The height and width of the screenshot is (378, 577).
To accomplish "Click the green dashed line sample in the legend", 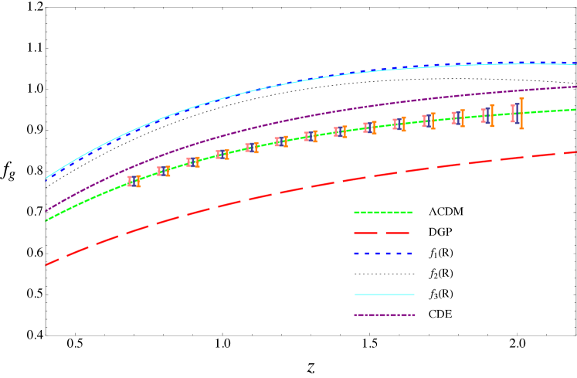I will (x=383, y=213).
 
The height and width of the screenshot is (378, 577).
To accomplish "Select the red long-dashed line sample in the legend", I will (x=382, y=233).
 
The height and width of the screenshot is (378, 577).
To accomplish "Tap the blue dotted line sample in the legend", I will (x=383, y=254).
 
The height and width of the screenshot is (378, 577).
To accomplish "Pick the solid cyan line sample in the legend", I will (x=385, y=295).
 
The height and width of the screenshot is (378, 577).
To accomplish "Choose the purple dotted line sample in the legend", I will (x=385, y=315).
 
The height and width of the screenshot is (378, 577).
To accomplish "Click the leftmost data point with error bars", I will (x=134, y=181).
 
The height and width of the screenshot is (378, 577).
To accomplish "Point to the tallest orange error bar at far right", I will (x=521, y=113).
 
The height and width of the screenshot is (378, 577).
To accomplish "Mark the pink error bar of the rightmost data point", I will (x=512, y=114).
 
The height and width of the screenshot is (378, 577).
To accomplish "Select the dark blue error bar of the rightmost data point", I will (x=517, y=114).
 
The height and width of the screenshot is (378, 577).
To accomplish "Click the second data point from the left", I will (x=164, y=171).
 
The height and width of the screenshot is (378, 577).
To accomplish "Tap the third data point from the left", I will (x=193, y=162).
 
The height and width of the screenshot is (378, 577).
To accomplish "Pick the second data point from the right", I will (x=487, y=116).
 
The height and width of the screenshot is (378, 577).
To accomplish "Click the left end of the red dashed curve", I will (x=46, y=264).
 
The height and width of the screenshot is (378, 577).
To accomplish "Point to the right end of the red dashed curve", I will (x=575, y=152).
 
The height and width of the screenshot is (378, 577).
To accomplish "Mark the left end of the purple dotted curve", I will (x=46, y=210).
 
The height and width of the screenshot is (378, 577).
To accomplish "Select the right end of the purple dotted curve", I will (x=575, y=87).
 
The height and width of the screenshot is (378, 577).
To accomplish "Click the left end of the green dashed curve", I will (x=46, y=221).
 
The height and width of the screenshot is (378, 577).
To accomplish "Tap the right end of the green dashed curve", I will (x=575, y=109).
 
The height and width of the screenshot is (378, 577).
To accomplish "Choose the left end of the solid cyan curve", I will (x=46, y=179).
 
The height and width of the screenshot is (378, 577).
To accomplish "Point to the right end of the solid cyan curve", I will (x=575, y=64).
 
